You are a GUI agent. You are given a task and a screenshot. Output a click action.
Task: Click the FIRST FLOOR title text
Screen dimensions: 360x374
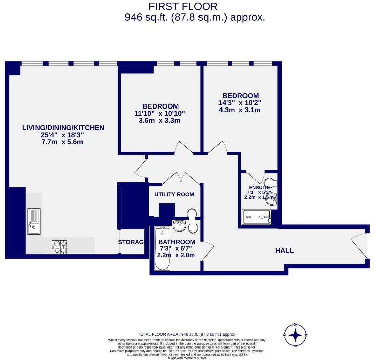pos(183,6)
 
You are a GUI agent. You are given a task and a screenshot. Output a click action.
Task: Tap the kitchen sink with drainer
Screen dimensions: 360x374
pos(34,221)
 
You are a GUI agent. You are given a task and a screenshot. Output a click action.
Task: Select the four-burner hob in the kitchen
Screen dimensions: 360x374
pos(59,247)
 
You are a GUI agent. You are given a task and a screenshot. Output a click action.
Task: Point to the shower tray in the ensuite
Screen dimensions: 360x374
pos(256,217)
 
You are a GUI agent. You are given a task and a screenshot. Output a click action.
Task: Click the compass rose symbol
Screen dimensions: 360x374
pos(296,335)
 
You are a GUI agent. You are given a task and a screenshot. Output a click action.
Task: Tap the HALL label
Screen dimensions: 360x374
pos(284,251)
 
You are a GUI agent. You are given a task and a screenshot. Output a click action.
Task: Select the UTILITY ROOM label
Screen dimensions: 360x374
pos(174,195)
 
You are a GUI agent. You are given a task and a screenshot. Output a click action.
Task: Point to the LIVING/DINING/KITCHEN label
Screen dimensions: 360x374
pos(63,128)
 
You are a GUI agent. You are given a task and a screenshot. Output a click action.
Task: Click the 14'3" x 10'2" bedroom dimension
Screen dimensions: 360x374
pos(240,103)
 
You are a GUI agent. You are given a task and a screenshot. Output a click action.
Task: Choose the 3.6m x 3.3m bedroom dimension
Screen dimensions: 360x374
pos(160,121)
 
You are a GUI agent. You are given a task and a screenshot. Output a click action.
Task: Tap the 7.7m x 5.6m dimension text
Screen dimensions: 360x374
pos(62,142)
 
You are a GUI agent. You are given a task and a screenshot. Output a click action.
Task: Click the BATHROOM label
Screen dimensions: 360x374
pos(177,242)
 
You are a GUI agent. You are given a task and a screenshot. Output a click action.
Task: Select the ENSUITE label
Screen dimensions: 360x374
pos(259,188)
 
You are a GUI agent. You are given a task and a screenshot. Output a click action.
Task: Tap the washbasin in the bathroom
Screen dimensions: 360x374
pos(179,225)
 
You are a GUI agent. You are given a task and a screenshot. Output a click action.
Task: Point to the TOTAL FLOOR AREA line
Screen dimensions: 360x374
pos(187,334)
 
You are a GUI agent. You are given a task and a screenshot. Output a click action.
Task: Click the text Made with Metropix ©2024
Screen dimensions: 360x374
pos(187,358)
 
